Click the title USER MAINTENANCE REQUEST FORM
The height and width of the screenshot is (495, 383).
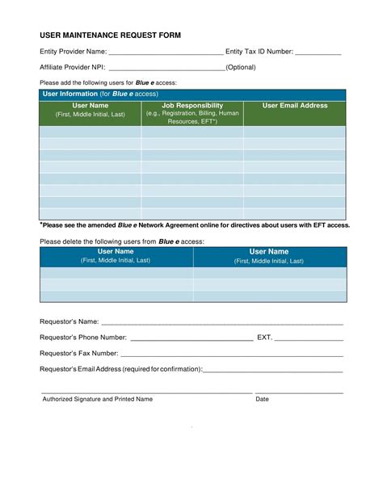point(111,35)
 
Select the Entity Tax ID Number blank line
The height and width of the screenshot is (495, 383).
point(318,54)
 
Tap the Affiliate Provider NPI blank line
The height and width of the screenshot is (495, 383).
point(166,69)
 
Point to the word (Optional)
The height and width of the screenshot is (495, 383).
point(241,67)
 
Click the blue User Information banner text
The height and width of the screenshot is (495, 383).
point(100,94)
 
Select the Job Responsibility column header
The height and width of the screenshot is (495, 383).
point(192,106)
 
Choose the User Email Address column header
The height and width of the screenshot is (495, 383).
point(295,106)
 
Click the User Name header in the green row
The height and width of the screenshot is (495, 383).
point(90,106)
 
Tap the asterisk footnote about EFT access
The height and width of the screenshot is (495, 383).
point(195,225)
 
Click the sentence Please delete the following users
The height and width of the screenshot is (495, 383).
point(122,241)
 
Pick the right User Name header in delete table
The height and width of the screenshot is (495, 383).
point(269,252)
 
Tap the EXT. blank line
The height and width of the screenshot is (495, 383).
point(309,339)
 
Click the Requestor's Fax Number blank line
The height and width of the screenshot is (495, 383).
point(232,355)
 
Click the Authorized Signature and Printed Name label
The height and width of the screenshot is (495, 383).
point(97,399)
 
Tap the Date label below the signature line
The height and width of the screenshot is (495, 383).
point(263,399)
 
